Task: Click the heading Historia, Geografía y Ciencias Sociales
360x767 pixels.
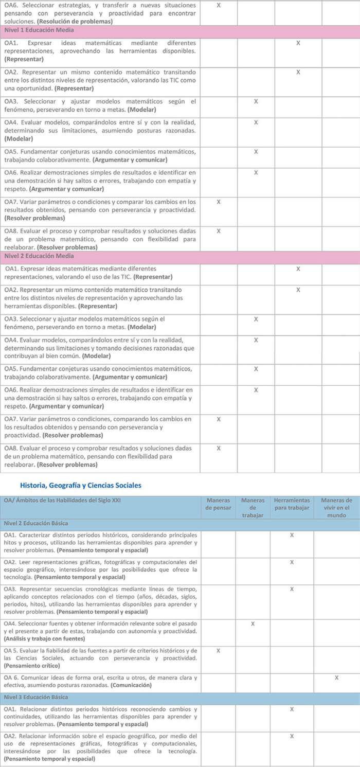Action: click(80, 485)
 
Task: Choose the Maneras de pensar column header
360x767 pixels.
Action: click(219, 504)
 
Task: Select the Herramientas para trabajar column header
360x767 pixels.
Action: click(292, 504)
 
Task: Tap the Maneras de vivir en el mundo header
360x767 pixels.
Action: click(336, 507)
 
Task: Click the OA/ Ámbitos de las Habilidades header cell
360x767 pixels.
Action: click(62, 500)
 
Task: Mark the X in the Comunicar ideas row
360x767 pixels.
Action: click(336, 677)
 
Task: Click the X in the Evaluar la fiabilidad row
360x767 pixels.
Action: click(219, 651)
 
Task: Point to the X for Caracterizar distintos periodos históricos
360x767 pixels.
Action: click(292, 536)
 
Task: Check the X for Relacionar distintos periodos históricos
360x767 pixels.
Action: click(292, 709)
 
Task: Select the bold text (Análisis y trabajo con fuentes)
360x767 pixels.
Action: click(44, 639)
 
